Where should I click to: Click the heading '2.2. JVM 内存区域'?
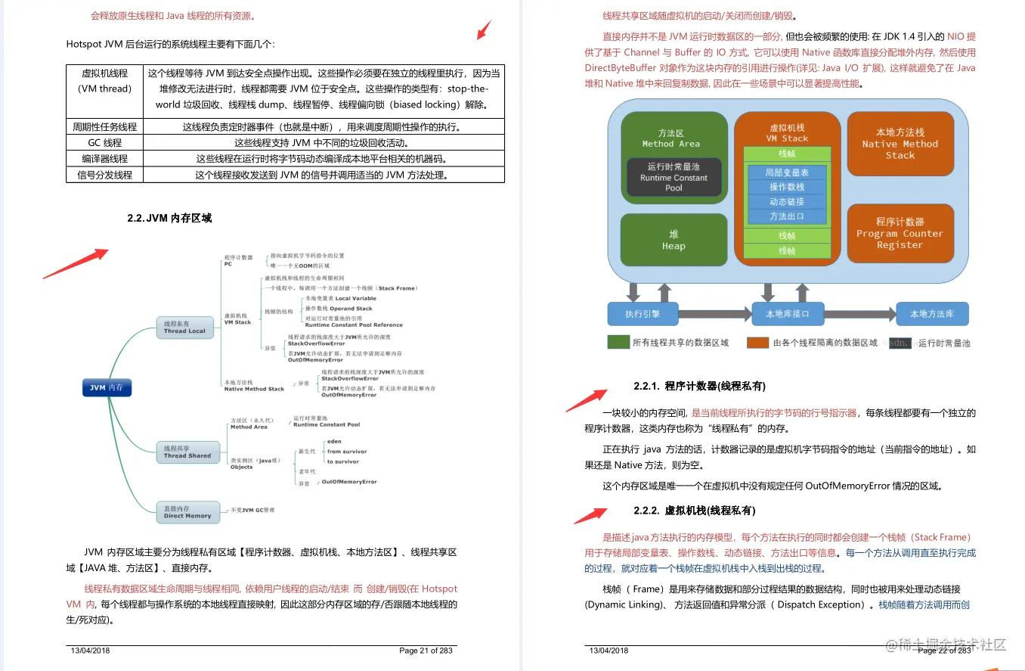(x=169, y=218)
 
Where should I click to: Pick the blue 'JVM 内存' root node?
(x=107, y=388)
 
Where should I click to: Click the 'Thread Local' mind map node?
(x=185, y=327)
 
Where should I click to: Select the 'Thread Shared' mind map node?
(x=187, y=452)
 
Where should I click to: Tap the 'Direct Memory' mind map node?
(x=187, y=512)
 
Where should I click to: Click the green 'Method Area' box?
(x=674, y=138)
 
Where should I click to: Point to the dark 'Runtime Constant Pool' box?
(x=674, y=177)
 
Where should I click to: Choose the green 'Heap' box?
(x=674, y=241)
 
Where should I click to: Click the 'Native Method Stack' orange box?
(x=900, y=144)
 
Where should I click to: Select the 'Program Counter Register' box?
(x=900, y=233)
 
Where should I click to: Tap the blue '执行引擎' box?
(x=643, y=314)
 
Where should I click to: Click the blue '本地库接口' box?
(x=787, y=314)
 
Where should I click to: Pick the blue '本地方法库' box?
(x=931, y=314)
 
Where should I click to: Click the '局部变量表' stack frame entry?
(x=787, y=172)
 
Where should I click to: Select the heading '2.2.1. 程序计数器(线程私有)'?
(x=699, y=387)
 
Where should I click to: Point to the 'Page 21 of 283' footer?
(x=426, y=651)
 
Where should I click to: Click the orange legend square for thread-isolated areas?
(x=757, y=343)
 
